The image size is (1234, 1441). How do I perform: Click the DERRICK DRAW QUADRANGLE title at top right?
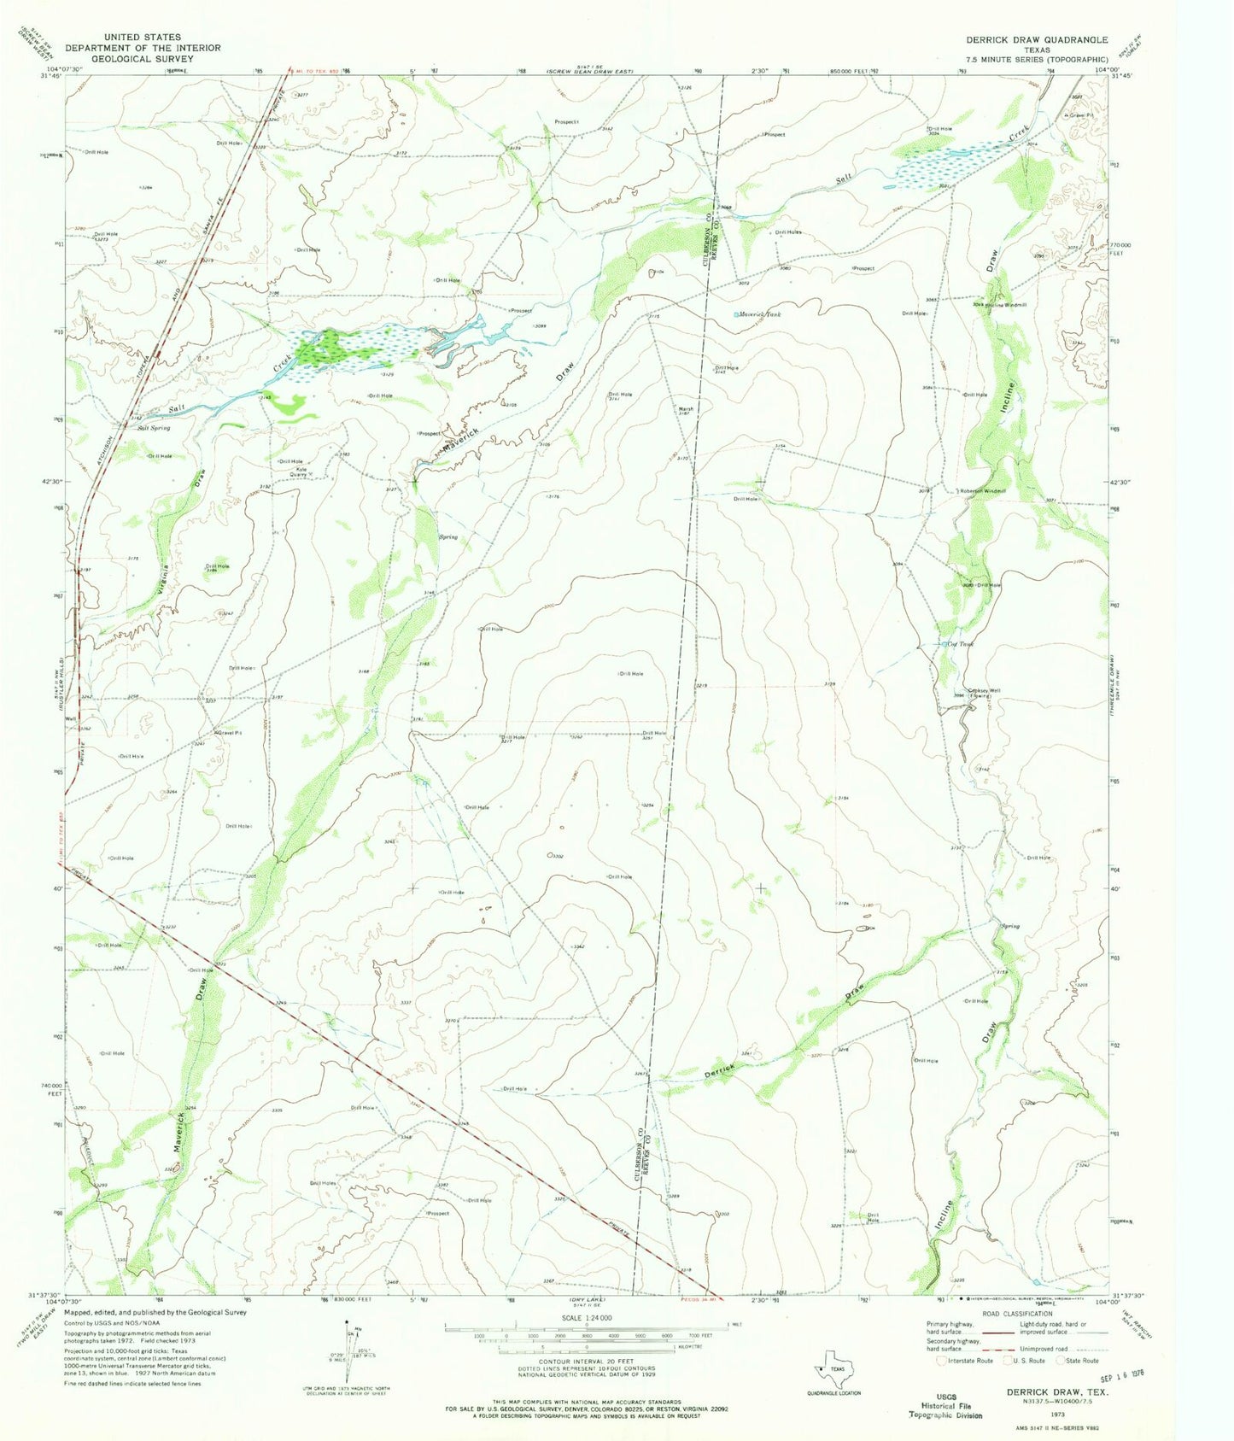1036,39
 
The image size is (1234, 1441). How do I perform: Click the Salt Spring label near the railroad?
154,428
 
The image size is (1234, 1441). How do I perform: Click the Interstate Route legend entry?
970,1361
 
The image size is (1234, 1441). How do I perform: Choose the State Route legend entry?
1080,1361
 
